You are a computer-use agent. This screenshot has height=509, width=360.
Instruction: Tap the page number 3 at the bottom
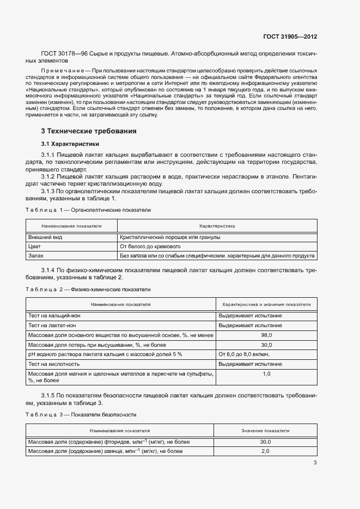315,463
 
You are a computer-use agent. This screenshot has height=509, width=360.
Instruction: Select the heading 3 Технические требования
89,131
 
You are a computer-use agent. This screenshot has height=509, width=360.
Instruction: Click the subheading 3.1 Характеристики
70,144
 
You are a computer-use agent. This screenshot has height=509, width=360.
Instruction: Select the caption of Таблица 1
89,210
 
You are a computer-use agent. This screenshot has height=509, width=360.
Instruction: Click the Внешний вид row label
45,237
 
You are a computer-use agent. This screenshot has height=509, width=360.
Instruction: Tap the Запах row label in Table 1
36,255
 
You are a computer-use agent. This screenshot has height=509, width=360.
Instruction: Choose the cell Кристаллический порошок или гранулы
170,237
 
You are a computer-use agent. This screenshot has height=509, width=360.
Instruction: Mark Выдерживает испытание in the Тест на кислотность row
250,364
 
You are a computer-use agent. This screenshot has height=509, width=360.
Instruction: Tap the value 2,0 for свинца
266,451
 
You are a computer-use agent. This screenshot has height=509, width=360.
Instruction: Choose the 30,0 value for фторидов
266,442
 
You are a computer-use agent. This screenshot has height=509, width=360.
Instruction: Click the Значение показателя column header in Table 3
265,430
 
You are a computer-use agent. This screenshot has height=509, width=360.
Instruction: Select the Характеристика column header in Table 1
217,225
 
